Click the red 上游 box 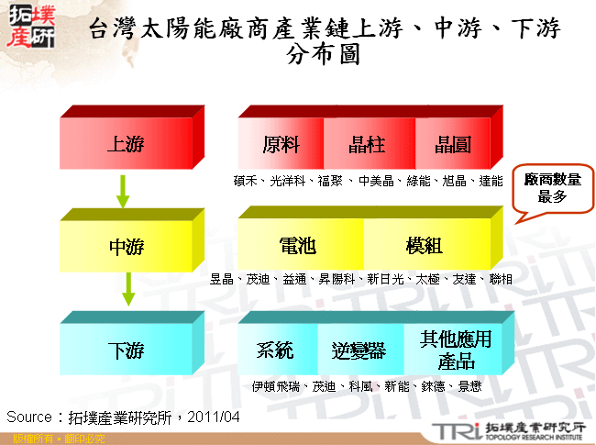pos(126,145)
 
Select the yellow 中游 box pos(126,247)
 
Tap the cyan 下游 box pos(126,350)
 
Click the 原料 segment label pos(281,145)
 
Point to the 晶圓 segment pos(452,145)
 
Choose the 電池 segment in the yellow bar pos(298,247)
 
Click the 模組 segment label pos(424,247)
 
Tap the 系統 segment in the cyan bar pos(276,350)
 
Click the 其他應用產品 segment pos(449,350)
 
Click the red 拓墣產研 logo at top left pos(29,28)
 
